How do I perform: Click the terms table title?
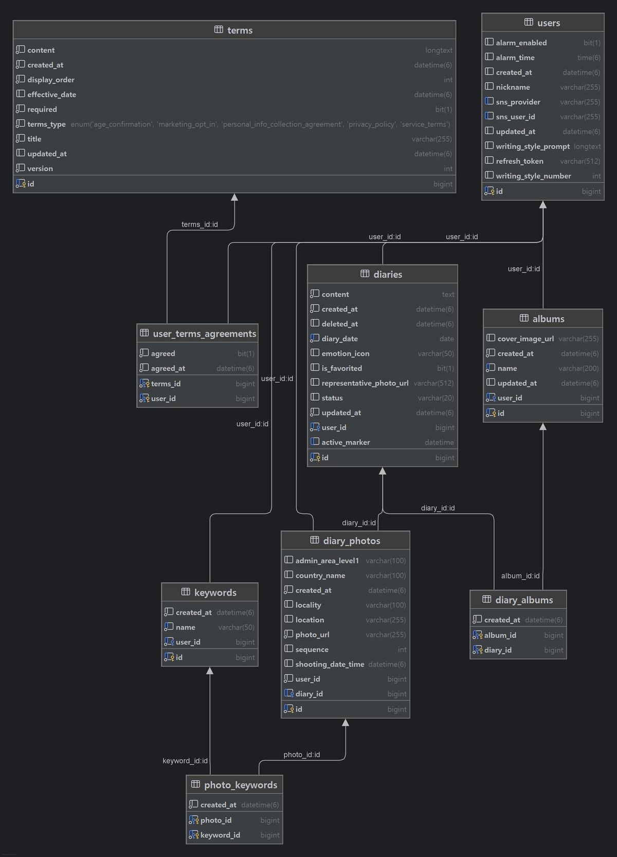pos(240,30)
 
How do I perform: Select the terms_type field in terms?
pos(46,124)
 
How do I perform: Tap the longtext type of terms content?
pos(439,50)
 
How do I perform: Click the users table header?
pos(548,23)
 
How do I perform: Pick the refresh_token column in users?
pos(519,161)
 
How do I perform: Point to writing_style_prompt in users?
pos(533,146)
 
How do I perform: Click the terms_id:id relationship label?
pos(199,225)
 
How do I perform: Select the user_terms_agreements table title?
pos(204,334)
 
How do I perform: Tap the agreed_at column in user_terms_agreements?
pos(168,368)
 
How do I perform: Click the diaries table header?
pos(388,274)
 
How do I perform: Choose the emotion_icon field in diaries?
pos(345,353)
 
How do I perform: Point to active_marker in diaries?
pos(346,442)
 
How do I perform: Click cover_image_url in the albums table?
pos(525,339)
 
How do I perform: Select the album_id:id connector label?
pos(520,576)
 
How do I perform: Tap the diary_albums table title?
pos(524,600)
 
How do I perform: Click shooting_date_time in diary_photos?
pos(330,664)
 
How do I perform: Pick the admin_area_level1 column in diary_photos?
pos(327,561)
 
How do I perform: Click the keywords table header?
pos(215,593)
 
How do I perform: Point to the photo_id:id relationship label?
pos(302,755)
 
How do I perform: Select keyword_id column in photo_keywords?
pos(220,835)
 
